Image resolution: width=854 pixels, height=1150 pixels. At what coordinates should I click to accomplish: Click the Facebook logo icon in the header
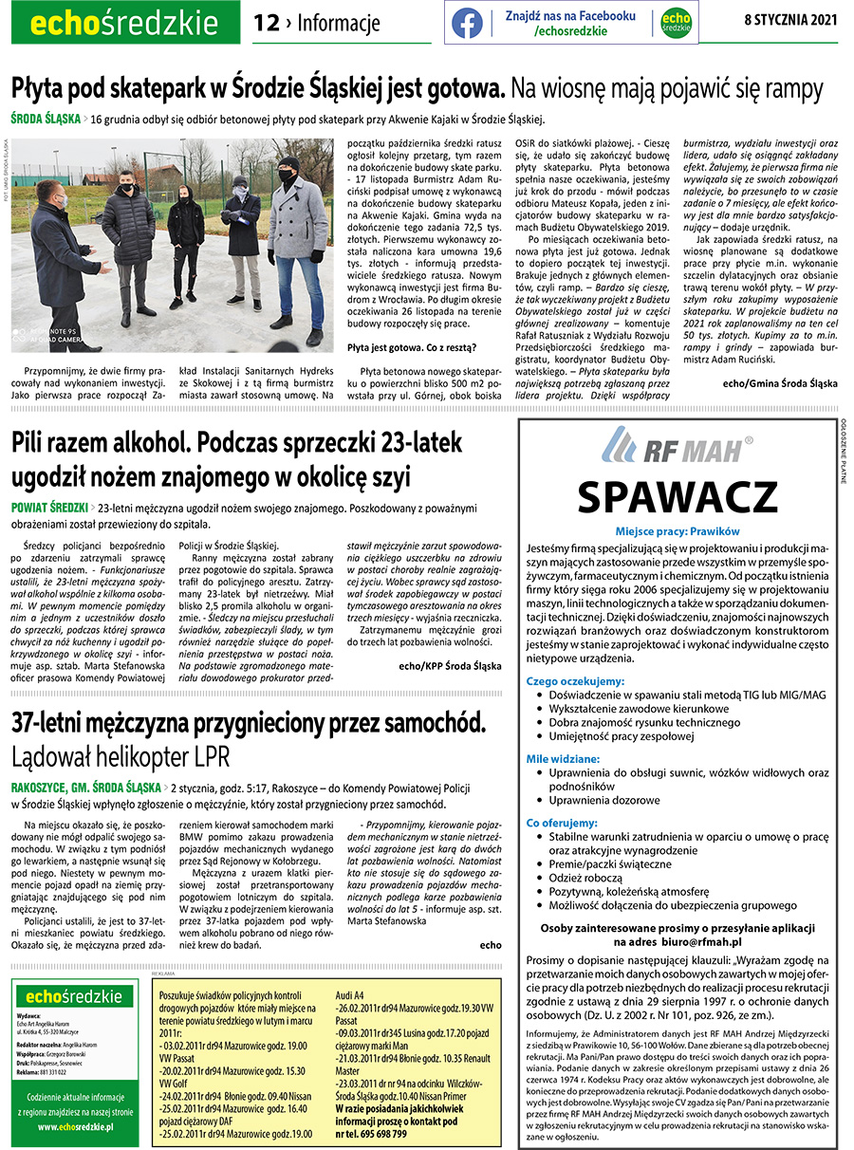(467, 23)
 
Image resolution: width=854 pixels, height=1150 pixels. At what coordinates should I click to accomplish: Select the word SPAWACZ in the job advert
(678, 496)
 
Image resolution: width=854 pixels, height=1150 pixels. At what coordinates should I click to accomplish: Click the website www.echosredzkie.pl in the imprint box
(76, 1126)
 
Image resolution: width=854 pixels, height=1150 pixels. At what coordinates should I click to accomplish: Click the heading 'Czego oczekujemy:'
(575, 681)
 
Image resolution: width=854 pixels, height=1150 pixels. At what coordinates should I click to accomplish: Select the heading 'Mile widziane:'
(564, 759)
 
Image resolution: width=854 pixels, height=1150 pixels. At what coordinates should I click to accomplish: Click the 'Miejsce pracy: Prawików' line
(677, 531)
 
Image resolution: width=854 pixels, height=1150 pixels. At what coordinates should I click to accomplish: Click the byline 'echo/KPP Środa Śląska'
(450, 665)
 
